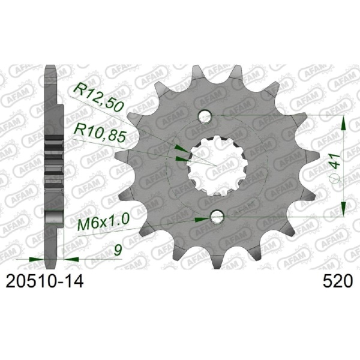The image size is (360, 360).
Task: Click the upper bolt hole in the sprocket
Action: click(x=206, y=115)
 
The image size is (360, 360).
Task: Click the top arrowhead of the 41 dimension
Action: click(x=343, y=123)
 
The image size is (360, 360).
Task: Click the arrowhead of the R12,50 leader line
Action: click(x=179, y=146)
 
